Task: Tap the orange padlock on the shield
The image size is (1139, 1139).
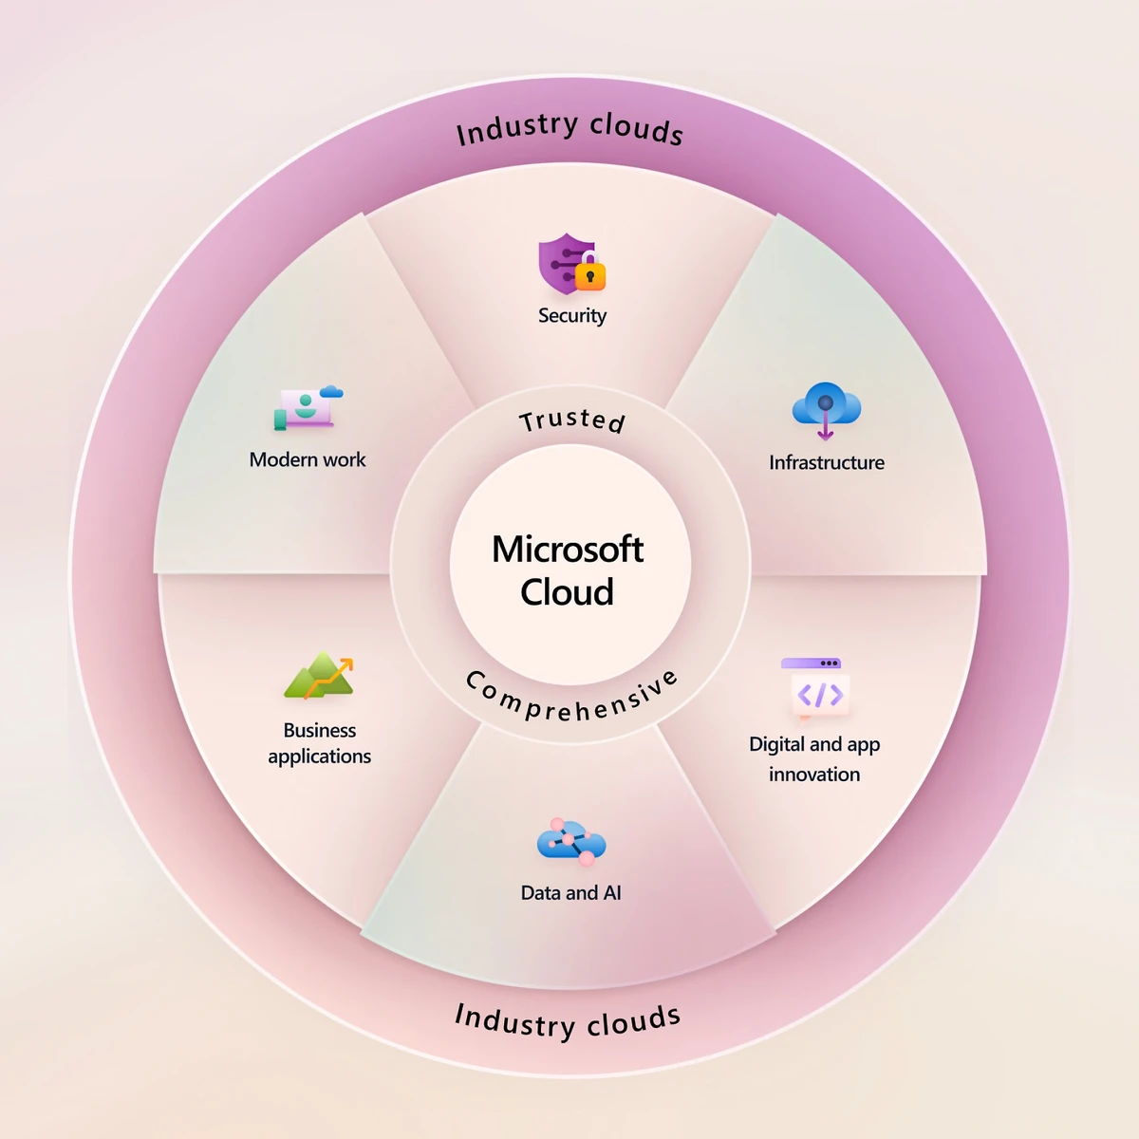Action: point(590,274)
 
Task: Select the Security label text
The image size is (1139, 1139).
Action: point(571,316)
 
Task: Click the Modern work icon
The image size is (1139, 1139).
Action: point(307,407)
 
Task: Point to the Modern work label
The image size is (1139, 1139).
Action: point(307,460)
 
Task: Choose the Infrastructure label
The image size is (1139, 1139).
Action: point(826,463)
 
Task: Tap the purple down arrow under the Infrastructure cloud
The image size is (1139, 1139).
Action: point(826,429)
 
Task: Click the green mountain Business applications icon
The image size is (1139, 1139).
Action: point(320,676)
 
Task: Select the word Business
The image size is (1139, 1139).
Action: point(320,731)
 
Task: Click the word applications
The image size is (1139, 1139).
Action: point(320,756)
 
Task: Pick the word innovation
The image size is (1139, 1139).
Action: point(814,775)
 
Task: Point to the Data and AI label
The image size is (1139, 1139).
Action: point(570,893)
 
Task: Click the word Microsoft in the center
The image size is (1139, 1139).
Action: point(568,550)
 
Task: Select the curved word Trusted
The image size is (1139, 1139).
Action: point(571,420)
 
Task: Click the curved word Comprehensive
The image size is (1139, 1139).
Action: point(571,700)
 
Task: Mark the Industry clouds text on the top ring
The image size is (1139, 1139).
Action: point(569,128)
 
